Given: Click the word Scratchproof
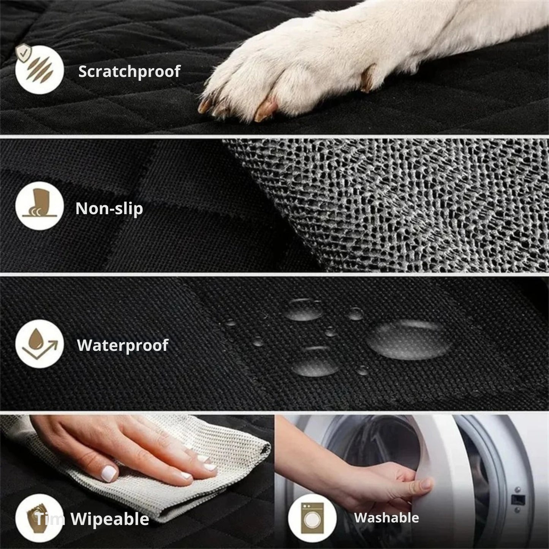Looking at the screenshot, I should [x=129, y=71].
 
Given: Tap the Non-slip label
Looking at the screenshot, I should [x=109, y=208].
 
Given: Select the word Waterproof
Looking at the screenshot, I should [x=122, y=345].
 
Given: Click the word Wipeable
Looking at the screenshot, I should [x=110, y=519].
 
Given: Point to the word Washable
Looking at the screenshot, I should [x=386, y=517].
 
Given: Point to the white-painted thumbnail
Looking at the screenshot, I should [x=108, y=473].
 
